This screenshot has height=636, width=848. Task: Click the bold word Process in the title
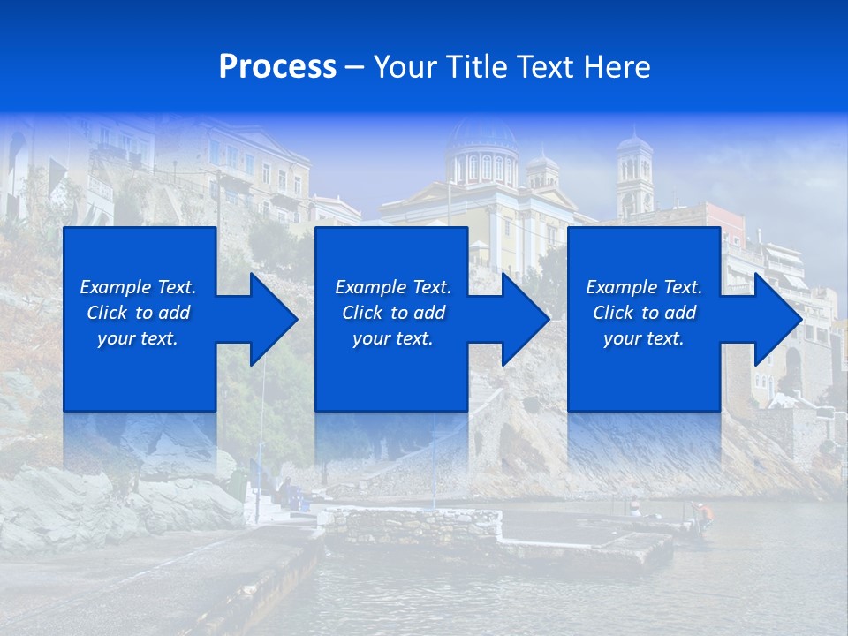point(277,66)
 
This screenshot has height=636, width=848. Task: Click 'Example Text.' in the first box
point(138,287)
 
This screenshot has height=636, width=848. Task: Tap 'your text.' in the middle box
point(392,338)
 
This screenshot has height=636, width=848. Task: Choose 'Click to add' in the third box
point(644,313)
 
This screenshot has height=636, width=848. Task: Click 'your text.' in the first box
point(138,338)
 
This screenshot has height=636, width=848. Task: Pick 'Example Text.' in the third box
point(644,287)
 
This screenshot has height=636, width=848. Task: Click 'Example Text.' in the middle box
point(392,287)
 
